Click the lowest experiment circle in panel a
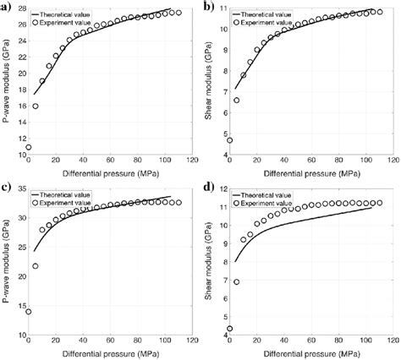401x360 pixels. [x=29, y=147]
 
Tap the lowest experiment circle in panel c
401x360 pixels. [x=29, y=312]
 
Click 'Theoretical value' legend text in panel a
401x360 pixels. [x=77, y=14]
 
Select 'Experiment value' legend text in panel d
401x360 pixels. [x=277, y=204]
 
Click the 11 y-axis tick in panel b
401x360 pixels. [x=222, y=9]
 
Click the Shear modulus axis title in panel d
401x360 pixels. [x=210, y=261]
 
